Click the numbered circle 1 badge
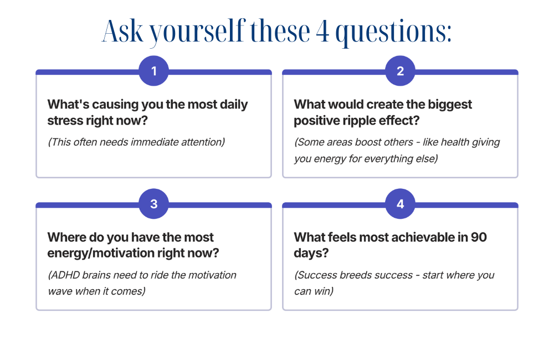(x=153, y=71)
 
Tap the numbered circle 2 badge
(x=400, y=71)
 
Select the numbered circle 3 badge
(x=153, y=203)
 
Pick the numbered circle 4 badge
(x=400, y=203)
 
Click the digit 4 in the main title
(x=322, y=32)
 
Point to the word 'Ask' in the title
(x=122, y=30)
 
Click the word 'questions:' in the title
(x=393, y=33)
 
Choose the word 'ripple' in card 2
(x=358, y=121)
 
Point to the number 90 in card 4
(x=479, y=237)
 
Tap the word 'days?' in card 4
(x=311, y=253)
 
